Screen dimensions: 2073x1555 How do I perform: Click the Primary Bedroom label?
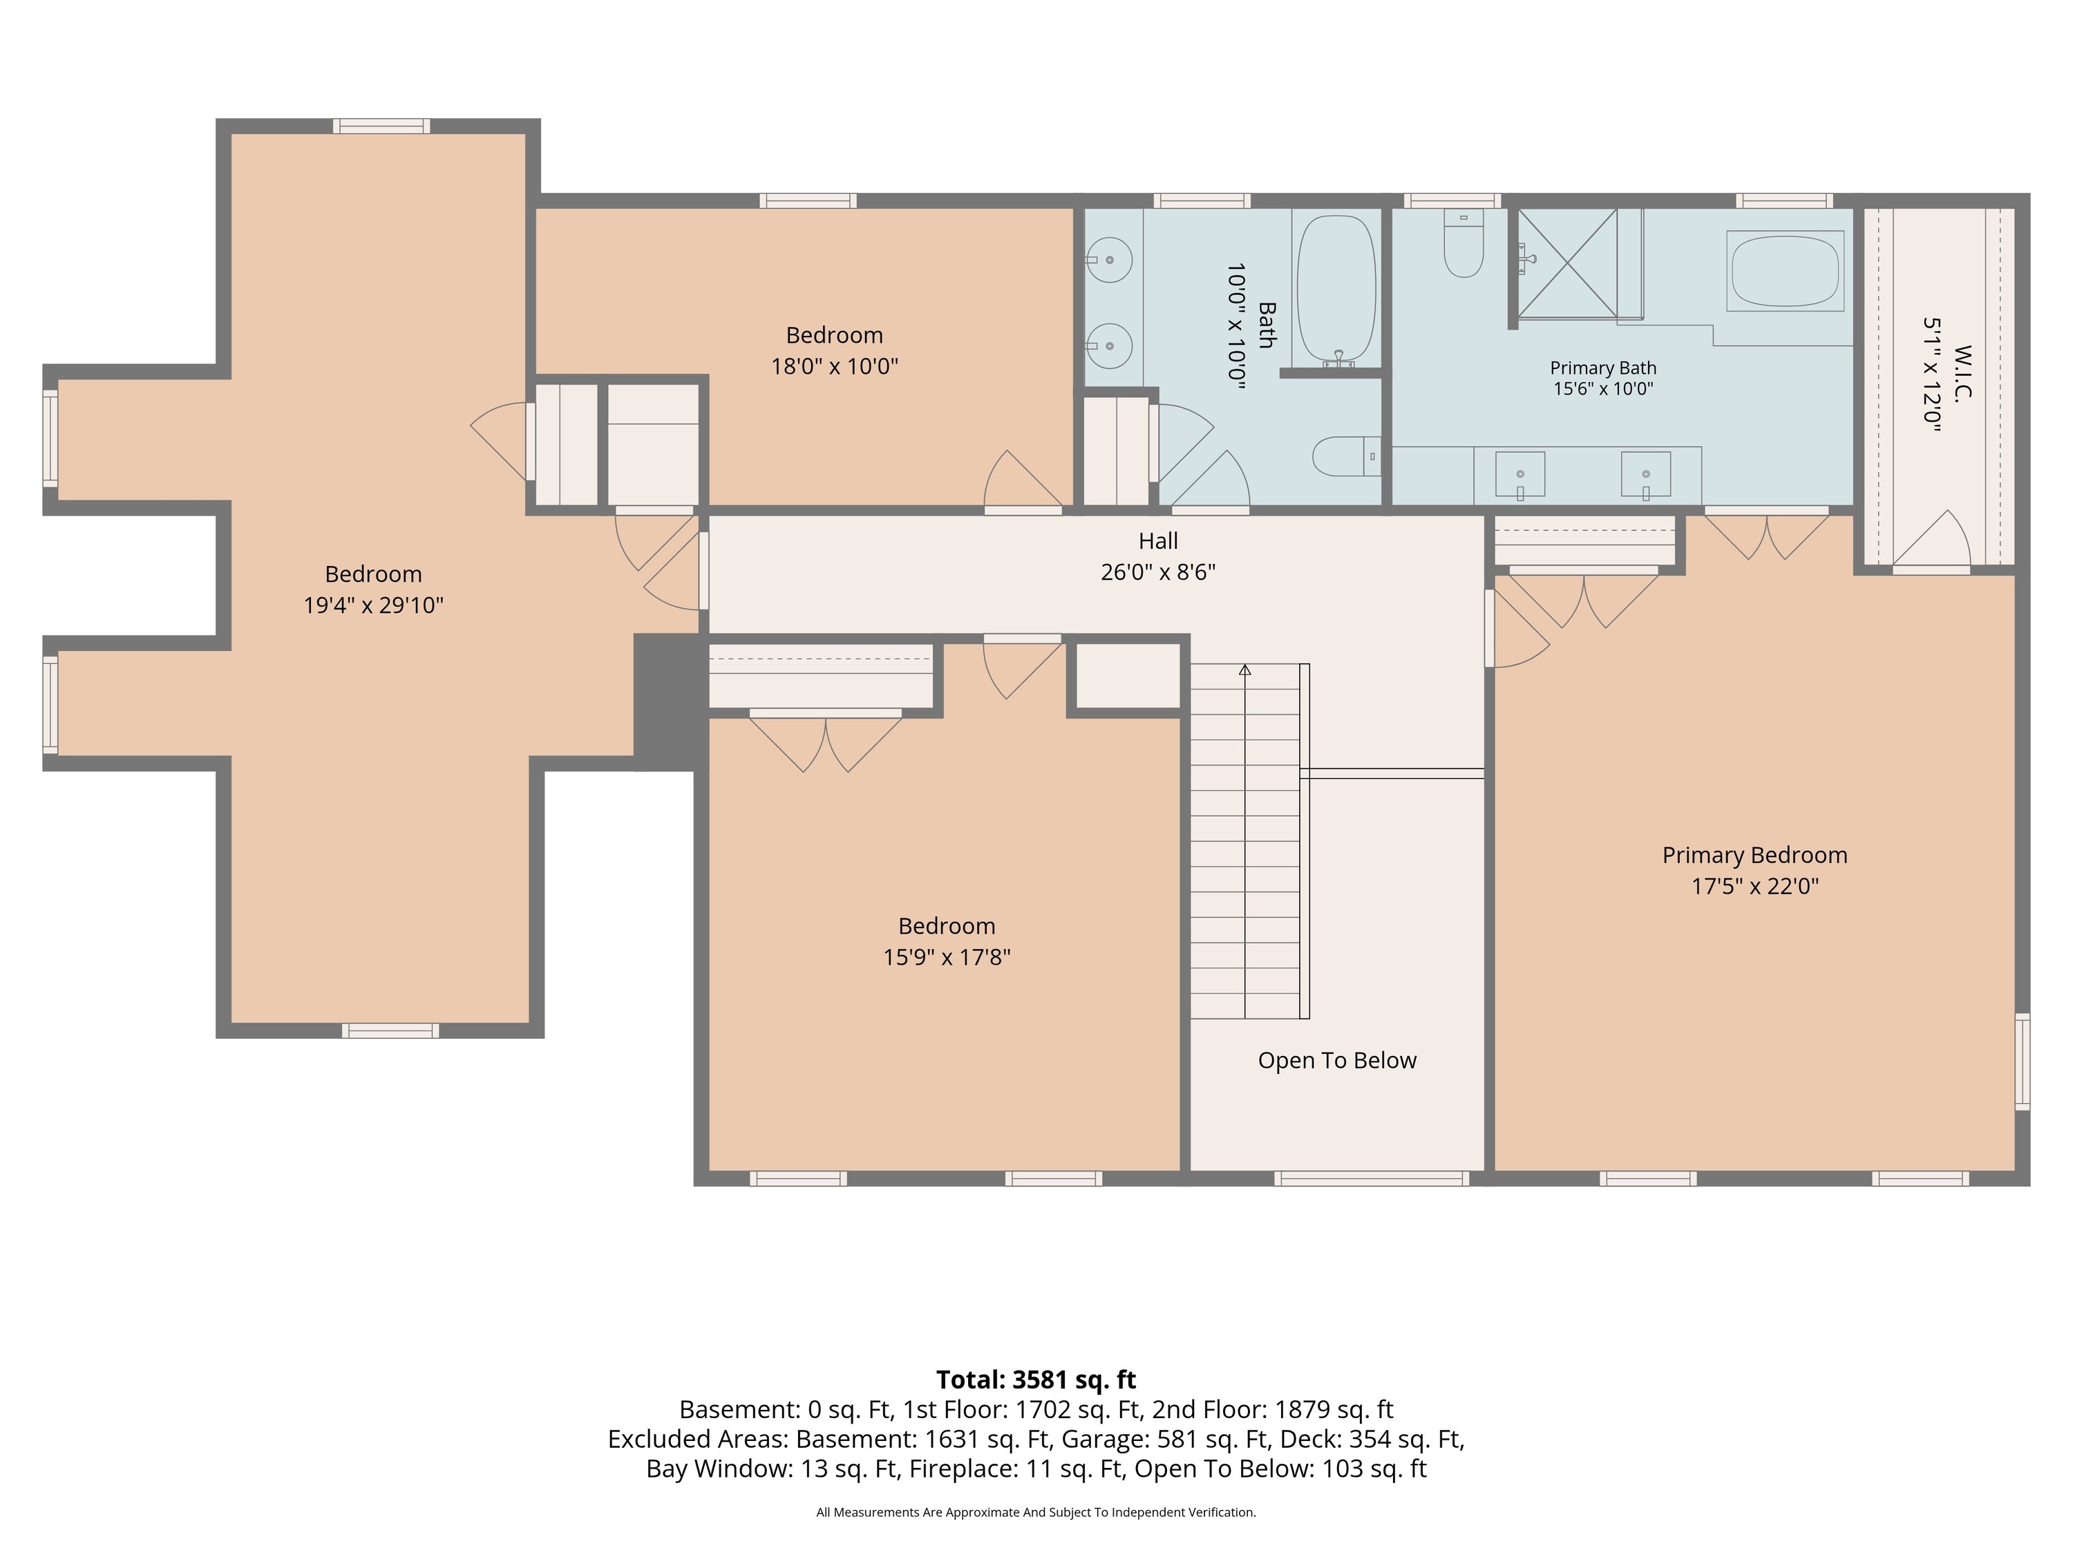pos(1754,855)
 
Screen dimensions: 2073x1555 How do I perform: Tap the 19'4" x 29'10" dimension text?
pos(373,605)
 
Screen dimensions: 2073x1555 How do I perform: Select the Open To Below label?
pos(1336,1060)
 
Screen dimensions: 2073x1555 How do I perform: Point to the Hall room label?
pos(1158,541)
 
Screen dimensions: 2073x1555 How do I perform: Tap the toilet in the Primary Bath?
pos(1463,244)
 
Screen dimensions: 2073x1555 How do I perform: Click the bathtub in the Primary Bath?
pos(1786,270)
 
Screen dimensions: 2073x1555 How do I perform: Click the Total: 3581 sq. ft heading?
pos(1036,1379)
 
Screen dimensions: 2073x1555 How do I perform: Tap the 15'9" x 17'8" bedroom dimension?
pos(947,957)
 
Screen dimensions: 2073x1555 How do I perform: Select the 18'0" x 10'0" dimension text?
pos(834,366)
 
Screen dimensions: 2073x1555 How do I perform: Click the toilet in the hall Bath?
pos(1347,456)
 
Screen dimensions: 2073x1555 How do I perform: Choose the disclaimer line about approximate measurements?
pos(1036,1512)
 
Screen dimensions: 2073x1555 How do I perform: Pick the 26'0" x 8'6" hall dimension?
pos(1158,572)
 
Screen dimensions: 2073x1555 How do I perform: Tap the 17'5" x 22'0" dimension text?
pos(1754,886)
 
